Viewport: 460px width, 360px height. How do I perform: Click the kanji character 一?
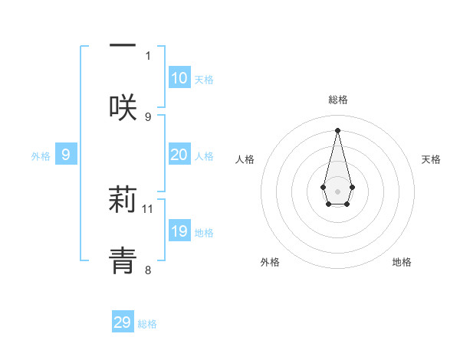click(123, 46)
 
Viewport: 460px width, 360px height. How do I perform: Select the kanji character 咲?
click(123, 106)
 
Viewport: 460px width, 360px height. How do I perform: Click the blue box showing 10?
click(179, 78)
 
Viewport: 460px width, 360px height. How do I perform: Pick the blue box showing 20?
click(179, 155)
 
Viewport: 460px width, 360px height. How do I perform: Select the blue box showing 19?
click(179, 231)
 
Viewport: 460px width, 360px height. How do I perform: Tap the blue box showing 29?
click(123, 322)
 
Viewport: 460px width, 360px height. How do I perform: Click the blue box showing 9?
click(66, 155)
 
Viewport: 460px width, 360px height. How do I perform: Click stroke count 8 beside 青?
click(148, 269)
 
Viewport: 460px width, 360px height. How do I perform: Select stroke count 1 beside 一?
click(148, 55)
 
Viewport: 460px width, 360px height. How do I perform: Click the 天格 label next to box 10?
click(204, 79)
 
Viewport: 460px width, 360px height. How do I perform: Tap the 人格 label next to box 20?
click(204, 155)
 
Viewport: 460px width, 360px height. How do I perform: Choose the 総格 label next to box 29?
click(147, 323)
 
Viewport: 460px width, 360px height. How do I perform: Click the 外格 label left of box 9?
click(41, 155)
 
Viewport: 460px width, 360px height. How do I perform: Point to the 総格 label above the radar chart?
click(337, 100)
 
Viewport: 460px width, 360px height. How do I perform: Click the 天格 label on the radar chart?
click(431, 159)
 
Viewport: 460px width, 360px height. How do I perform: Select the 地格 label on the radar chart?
click(402, 262)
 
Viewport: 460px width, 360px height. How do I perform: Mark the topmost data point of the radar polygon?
click(337, 129)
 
